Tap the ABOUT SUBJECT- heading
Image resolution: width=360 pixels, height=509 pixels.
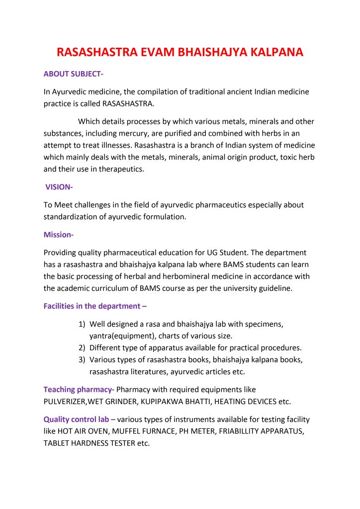(x=73, y=74)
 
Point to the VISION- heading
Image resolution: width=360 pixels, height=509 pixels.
(x=59, y=187)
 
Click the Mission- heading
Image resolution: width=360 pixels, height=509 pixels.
(x=59, y=235)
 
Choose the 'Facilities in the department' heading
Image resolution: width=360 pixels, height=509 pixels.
(x=95, y=306)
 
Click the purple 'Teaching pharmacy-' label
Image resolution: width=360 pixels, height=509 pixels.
(x=79, y=389)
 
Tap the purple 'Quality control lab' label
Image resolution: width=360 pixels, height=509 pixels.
(x=79, y=419)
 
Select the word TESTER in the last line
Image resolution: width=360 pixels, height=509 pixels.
(x=119, y=443)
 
